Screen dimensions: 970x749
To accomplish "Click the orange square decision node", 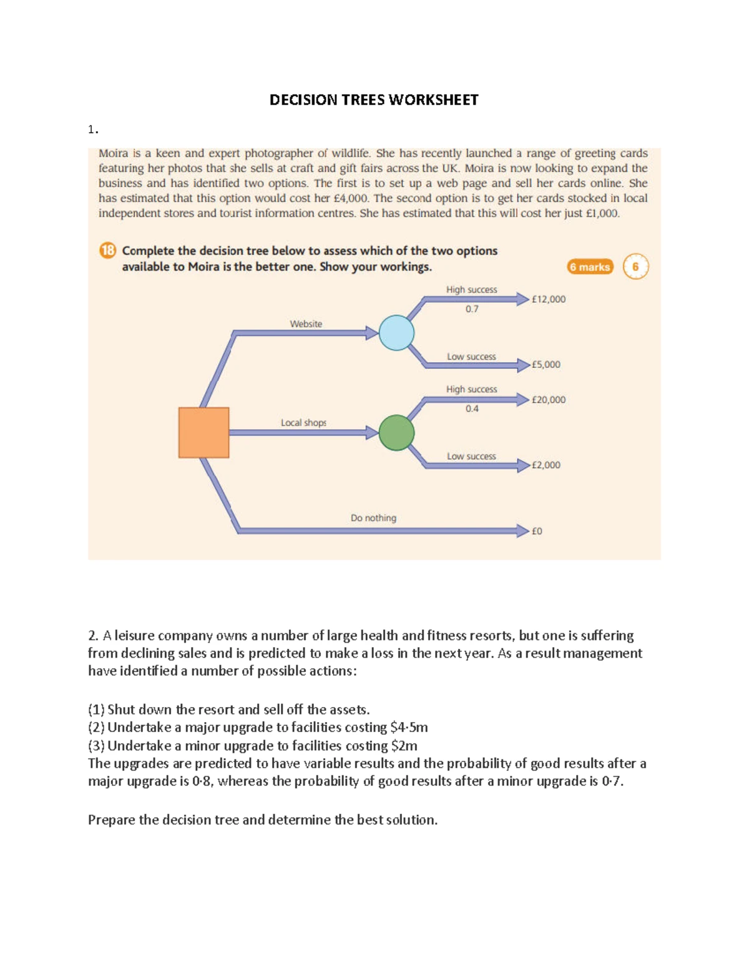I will [203, 432].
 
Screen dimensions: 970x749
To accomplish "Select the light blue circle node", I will [396, 332].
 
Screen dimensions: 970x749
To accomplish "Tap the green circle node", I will [396, 432].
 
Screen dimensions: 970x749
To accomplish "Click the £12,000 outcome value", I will [548, 299].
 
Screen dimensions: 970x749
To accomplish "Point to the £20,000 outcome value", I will [548, 400].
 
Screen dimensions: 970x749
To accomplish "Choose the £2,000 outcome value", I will [546, 465].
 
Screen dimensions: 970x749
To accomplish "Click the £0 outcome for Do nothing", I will [537, 531].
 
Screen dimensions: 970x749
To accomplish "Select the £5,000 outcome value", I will [546, 364].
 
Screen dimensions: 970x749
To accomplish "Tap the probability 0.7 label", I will [472, 309].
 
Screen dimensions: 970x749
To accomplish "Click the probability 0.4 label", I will [472, 408].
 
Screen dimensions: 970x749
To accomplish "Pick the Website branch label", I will [306, 324].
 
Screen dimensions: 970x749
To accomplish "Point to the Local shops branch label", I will [303, 423].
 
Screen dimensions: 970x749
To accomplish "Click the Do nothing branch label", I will [373, 518].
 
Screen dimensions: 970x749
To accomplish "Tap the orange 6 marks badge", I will [590, 267].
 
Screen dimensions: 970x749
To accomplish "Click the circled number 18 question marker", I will [107, 250].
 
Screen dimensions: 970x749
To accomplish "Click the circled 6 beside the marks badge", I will [635, 267].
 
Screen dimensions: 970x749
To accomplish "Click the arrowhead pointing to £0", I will [522, 531].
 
